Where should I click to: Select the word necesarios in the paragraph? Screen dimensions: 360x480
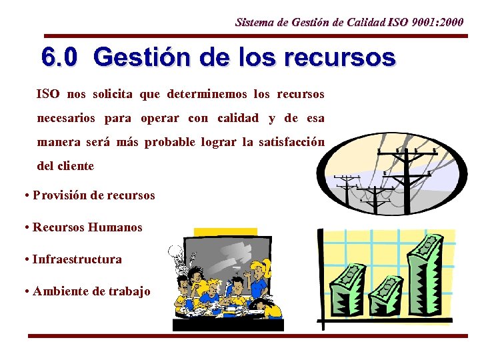click(x=65, y=118)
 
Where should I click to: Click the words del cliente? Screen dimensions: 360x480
click(x=65, y=166)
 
